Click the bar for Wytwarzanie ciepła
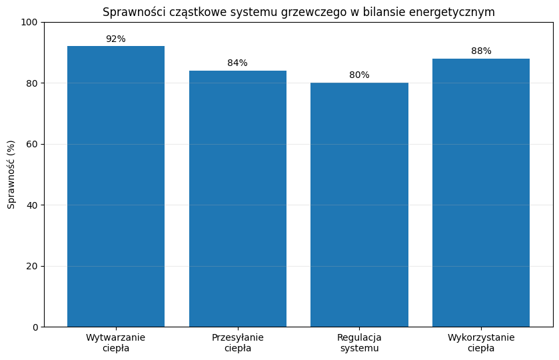116,186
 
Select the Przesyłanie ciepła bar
238,199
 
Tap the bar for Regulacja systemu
359,205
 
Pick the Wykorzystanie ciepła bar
481,193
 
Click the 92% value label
116,39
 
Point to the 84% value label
237,63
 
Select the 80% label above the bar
359,75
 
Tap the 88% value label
481,51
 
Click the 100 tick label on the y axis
29,22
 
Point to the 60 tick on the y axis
32,144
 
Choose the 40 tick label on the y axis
32,205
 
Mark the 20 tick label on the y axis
32,266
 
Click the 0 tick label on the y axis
35,327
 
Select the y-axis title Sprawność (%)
11,175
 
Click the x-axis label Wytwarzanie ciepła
115,343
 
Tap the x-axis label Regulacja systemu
359,343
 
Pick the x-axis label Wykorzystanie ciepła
481,343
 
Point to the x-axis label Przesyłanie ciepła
238,343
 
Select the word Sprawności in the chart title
135,12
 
